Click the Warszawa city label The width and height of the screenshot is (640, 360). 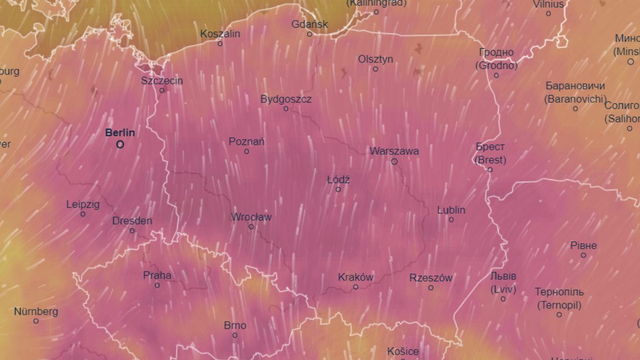click(394, 151)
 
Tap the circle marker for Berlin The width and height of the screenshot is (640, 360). click(120, 144)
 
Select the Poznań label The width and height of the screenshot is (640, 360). click(246, 141)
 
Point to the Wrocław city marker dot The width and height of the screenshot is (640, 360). click(251, 227)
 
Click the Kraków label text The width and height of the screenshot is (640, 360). click(356, 277)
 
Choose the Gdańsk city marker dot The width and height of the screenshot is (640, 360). click(309, 34)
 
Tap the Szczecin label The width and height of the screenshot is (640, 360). click(162, 81)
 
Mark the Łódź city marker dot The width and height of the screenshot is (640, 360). click(338, 189)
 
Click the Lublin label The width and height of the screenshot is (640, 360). click(451, 210)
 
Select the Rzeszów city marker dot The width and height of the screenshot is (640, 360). click(431, 288)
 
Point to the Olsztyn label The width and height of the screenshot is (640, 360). click(375, 59)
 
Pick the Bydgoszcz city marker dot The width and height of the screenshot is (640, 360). click(286, 109)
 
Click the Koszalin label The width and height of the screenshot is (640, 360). click(220, 34)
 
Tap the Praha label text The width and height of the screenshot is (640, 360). click(157, 275)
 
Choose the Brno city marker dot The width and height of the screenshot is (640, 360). click(235, 335)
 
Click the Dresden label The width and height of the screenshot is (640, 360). click(132, 221)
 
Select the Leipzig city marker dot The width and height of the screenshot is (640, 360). click(83, 214)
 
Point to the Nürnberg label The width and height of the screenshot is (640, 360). click(36, 311)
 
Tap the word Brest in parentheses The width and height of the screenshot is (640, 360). click(490, 159)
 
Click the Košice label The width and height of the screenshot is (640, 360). click(403, 351)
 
